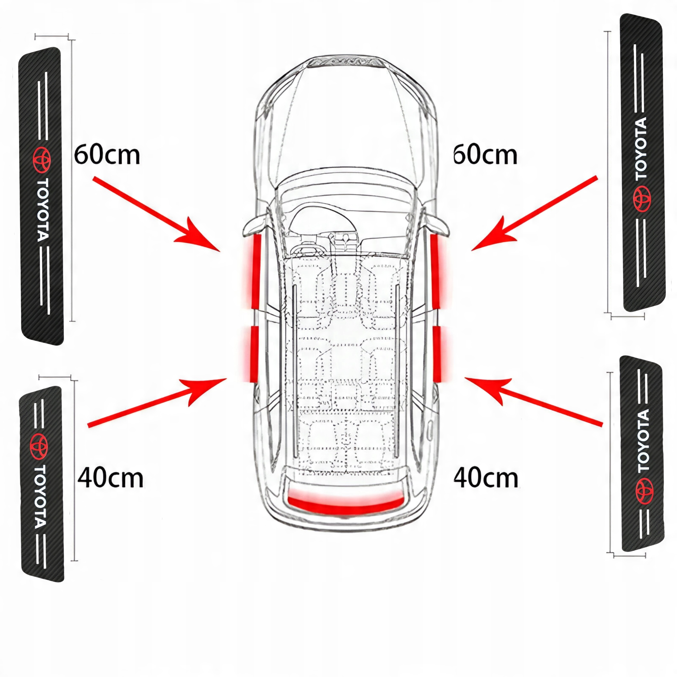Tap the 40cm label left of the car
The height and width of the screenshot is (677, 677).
[x=110, y=478]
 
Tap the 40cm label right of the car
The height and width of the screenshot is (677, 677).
[x=486, y=478]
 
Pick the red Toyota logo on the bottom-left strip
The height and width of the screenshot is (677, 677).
[x=39, y=446]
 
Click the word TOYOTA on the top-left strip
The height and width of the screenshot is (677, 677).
[x=43, y=210]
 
